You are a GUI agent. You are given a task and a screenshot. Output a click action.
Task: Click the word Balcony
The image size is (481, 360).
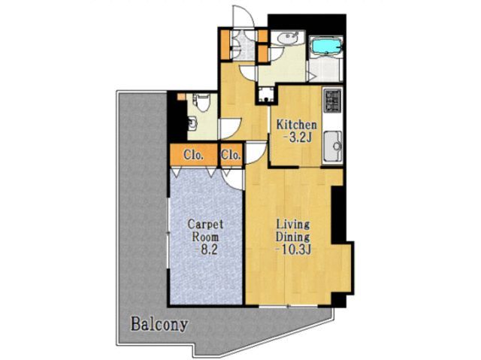[x=159, y=325]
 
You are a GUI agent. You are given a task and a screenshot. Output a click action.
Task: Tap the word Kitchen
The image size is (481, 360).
[x=296, y=125]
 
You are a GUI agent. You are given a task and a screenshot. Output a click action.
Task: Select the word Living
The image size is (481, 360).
[x=293, y=225]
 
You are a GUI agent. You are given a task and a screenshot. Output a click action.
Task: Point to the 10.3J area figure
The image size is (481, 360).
[x=294, y=250]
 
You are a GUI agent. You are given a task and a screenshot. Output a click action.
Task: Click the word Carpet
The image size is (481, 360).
[x=205, y=225]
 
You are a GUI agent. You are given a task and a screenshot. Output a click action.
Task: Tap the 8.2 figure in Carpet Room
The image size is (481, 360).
[x=207, y=250]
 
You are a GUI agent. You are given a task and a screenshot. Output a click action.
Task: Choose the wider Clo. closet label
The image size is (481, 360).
[x=194, y=155]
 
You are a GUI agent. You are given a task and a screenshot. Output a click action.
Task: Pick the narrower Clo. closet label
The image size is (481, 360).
[x=231, y=155]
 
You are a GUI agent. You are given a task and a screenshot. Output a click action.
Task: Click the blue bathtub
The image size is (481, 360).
[x=326, y=46]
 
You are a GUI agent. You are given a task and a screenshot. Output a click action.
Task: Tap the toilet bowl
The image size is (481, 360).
[x=202, y=103]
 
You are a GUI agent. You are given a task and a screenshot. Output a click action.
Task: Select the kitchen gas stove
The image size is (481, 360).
[x=332, y=100]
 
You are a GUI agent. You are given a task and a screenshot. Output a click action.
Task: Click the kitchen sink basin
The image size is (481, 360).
[x=334, y=146]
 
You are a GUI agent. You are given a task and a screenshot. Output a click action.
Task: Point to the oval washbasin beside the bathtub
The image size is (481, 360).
[x=287, y=38]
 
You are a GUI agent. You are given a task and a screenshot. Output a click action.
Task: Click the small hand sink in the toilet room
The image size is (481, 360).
[x=192, y=123]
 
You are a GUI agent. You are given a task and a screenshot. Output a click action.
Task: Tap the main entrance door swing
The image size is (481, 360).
[x=244, y=16]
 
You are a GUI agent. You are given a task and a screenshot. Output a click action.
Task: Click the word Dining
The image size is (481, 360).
[x=293, y=237]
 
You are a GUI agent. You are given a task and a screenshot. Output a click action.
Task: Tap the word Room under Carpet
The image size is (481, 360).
[x=205, y=237]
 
